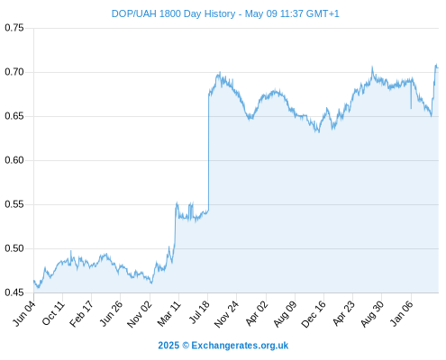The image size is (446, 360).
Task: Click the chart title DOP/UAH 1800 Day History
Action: [173, 13]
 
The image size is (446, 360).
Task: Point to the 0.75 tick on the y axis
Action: [14, 28]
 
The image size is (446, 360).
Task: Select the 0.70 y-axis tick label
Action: [14, 72]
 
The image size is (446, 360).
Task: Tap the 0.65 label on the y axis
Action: [14, 116]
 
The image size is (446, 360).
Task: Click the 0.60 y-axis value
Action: [14, 160]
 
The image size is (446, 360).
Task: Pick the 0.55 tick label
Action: [14, 204]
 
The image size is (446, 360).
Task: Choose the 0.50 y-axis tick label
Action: [14, 248]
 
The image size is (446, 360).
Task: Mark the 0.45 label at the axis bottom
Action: [14, 292]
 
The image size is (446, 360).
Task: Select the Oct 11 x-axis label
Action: [53, 313]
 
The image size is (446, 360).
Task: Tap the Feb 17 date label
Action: [81, 314]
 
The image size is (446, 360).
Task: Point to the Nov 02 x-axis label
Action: [140, 314]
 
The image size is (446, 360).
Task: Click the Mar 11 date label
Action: [168, 314]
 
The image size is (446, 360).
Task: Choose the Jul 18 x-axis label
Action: [199, 312]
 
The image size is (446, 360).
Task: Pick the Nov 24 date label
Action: [227, 314]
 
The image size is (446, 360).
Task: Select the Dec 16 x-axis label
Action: [314, 314]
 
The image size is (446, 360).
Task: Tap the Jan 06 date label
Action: [401, 313]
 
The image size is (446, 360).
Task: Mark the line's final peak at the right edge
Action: [436, 64]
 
